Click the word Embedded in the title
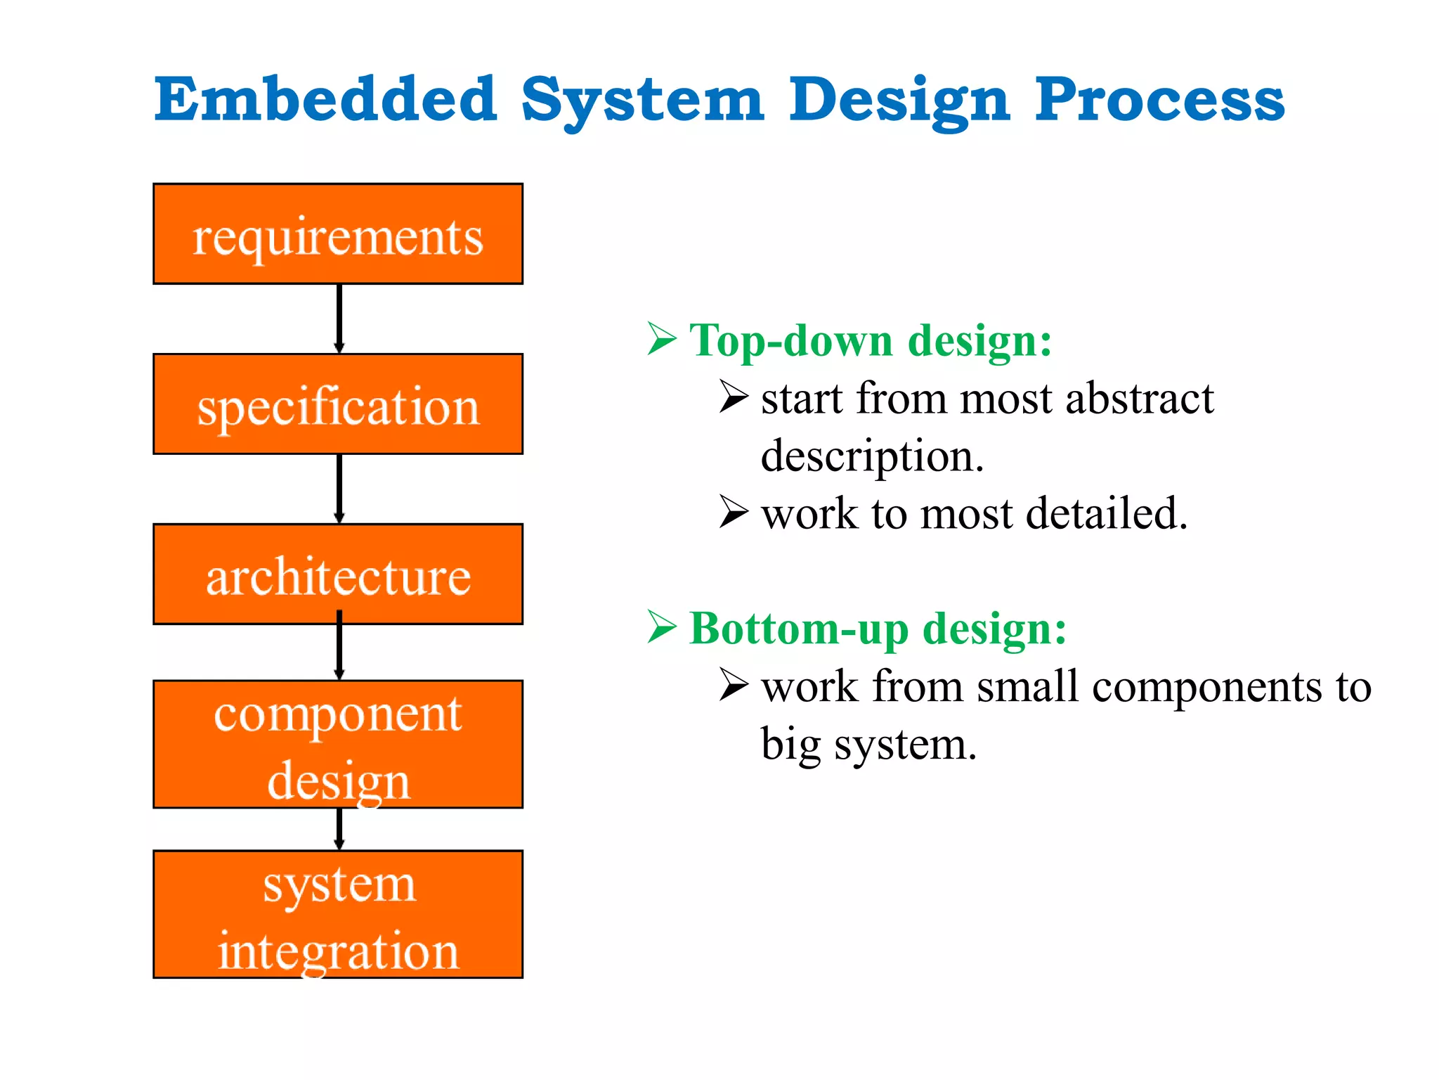tap(325, 100)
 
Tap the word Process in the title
tap(1159, 100)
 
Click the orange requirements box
tap(338, 234)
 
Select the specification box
tap(338, 404)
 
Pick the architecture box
tap(338, 574)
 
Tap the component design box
tap(338, 745)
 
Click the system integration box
tap(338, 915)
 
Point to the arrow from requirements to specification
tap(339, 318)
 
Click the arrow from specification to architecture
tap(339, 488)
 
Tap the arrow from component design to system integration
tap(339, 828)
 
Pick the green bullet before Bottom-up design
tap(661, 626)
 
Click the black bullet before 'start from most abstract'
tap(734, 397)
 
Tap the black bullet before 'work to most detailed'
tap(734, 512)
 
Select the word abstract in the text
tap(1139, 398)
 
